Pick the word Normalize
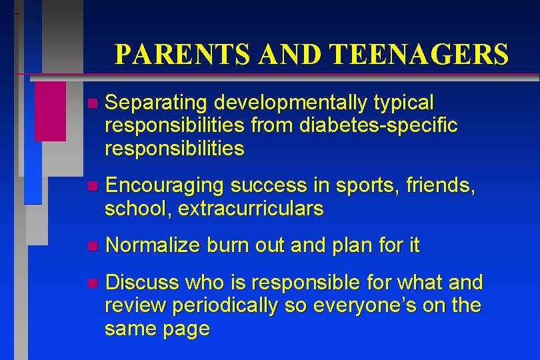[x=153, y=246]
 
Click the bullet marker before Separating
[x=91, y=104]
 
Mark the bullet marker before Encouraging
[x=91, y=187]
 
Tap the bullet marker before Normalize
[x=91, y=247]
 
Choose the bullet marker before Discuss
[x=91, y=284]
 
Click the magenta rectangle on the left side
[x=50, y=111]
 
